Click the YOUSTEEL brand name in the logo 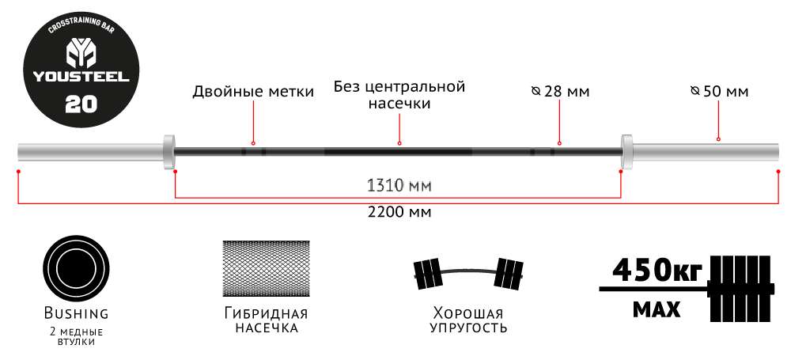81,77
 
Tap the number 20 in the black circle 81,104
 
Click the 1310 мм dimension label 399,186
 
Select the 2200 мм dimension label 399,211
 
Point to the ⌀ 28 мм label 561,92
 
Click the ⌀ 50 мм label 719,92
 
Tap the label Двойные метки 253,92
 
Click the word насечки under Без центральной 399,104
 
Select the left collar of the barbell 168,151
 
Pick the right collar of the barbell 627,151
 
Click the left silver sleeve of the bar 90,151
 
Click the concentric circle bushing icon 76,268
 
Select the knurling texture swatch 267,268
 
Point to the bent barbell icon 468,275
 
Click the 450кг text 657,271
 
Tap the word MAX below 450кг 657,309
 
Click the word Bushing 76,313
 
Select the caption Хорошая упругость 468,320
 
